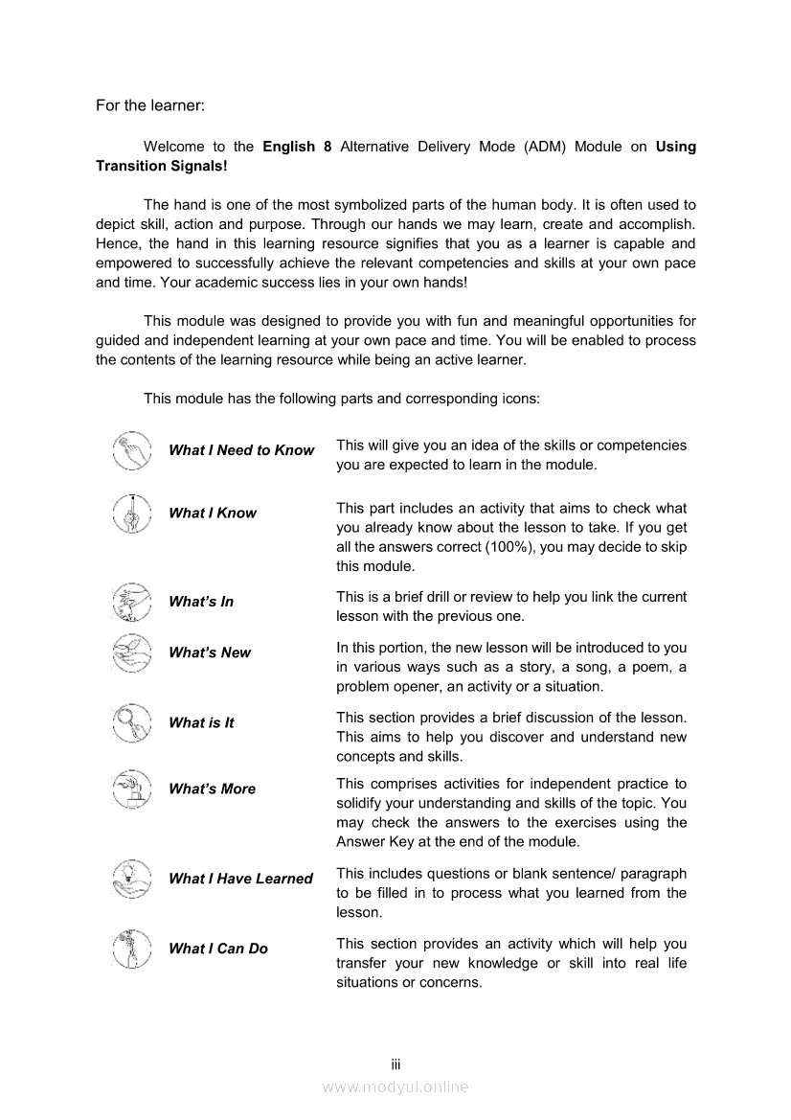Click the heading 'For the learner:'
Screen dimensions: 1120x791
click(x=150, y=105)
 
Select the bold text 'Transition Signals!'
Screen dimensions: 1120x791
click(x=161, y=166)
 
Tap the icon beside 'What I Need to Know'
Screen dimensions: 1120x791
click(x=132, y=450)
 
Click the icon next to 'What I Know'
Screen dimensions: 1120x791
click(x=132, y=514)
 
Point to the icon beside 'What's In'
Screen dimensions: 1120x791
click(x=132, y=602)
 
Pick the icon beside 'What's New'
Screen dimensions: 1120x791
click(x=132, y=652)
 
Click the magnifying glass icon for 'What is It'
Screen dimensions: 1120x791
click(x=132, y=723)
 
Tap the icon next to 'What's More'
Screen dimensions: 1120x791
click(x=132, y=789)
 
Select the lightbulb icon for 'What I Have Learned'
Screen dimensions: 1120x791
click(x=132, y=879)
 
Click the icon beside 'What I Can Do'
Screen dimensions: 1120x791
click(x=132, y=949)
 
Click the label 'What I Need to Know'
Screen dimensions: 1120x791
click(x=241, y=450)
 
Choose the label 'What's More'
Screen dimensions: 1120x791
click(x=212, y=789)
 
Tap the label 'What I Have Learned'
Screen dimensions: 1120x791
click(x=240, y=879)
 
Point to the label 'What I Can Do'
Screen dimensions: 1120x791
click(x=218, y=949)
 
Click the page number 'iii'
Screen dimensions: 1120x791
click(x=395, y=1064)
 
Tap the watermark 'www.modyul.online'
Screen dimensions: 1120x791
click(x=395, y=1086)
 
